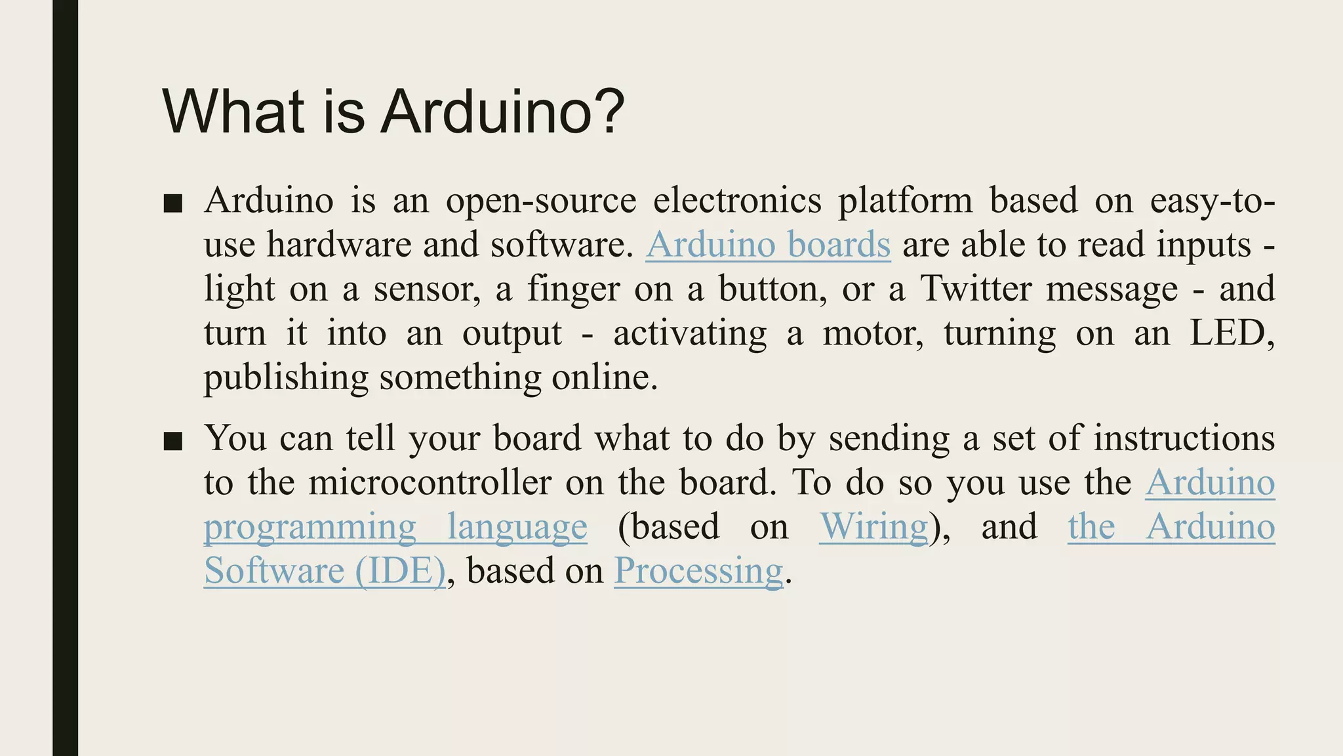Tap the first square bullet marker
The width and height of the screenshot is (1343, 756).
tap(172, 203)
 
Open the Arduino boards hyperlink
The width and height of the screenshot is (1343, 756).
tap(768, 245)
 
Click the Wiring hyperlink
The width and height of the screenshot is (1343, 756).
tap(873, 527)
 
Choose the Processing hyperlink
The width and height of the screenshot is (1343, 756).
tap(698, 571)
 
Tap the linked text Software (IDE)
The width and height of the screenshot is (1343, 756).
tap(325, 571)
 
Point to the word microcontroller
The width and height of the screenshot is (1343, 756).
tap(430, 483)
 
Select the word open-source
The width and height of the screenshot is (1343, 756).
tap(541, 201)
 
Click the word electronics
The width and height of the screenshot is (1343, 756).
tap(736, 200)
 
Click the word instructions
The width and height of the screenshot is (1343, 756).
tap(1184, 438)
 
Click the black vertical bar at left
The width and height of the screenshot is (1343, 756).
tap(65, 378)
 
